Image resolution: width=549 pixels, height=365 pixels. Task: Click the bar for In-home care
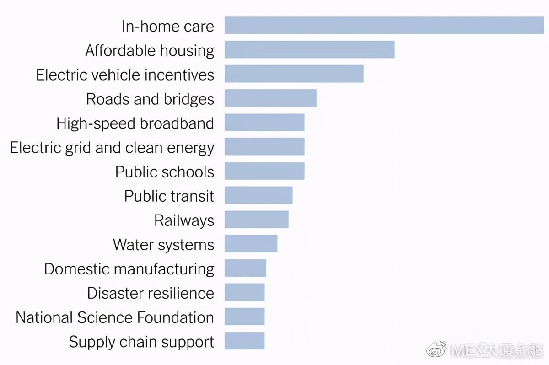click(384, 26)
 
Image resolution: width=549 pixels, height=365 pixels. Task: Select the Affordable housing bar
click(309, 50)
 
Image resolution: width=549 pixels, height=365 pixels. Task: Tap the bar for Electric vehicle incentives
click(294, 74)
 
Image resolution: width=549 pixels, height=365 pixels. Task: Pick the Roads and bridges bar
click(270, 98)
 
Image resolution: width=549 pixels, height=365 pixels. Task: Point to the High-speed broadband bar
click(264, 123)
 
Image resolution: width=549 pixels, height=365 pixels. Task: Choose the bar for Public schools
click(264, 171)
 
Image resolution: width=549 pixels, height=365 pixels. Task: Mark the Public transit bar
click(258, 195)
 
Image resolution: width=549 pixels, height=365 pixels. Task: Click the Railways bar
click(257, 220)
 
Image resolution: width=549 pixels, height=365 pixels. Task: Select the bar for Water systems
click(251, 244)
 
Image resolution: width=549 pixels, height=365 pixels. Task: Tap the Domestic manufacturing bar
click(245, 268)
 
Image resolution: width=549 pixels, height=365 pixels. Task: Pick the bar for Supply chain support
click(244, 341)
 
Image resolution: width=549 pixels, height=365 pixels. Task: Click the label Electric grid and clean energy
click(112, 148)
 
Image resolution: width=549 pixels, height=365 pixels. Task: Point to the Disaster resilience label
click(151, 293)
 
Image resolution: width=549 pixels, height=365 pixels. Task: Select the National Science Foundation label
click(115, 317)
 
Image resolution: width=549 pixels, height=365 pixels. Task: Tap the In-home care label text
click(168, 27)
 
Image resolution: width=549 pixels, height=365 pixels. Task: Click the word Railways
click(184, 220)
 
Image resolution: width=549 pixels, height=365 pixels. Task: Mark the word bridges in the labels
click(188, 99)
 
